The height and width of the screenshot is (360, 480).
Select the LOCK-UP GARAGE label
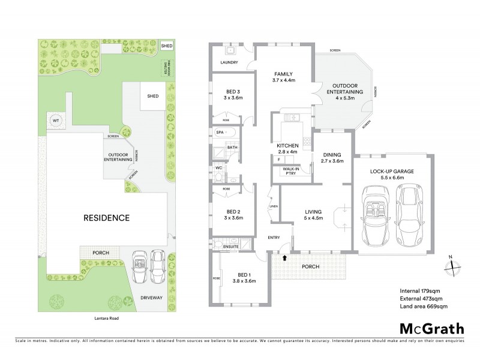392,171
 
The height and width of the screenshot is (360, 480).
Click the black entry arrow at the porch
285,257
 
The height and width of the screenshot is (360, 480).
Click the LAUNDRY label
230,62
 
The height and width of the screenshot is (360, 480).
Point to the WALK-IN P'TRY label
292,171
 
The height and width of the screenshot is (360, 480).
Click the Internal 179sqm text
421,291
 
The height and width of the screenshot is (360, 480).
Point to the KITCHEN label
287,146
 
